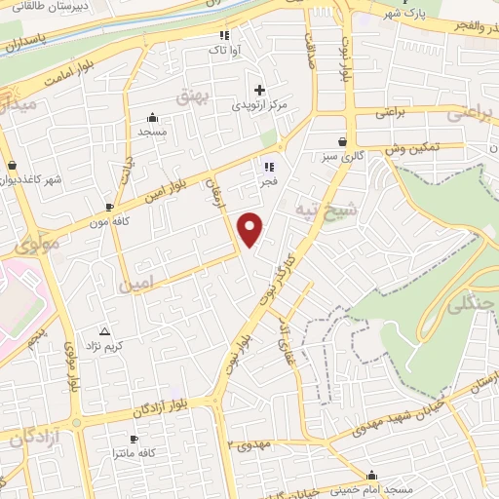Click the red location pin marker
click(x=251, y=229)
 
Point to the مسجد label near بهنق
click(x=152, y=131)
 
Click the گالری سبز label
click(x=343, y=156)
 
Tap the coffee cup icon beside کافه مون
click(x=109, y=208)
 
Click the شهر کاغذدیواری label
click(x=36, y=180)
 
